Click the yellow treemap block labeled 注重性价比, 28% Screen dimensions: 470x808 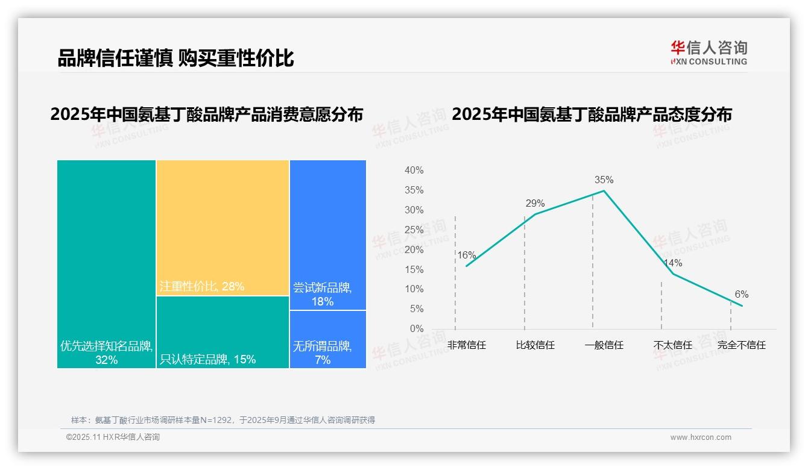223,228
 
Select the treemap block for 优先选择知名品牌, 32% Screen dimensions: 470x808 106,264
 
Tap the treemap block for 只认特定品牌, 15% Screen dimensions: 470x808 223,332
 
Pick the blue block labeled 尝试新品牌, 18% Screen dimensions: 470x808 328,234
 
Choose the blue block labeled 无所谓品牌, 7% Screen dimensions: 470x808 328,339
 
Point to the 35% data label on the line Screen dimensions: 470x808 604,180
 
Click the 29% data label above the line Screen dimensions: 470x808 535,203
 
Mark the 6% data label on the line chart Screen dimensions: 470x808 741,294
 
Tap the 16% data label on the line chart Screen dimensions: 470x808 466,255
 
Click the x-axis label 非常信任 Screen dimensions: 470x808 466,345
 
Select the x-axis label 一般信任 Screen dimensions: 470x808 604,345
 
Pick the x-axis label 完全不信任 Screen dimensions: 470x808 741,345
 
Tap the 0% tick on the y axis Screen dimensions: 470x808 416,328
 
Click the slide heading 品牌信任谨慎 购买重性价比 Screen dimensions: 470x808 175,58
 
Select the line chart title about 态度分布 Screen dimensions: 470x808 592,114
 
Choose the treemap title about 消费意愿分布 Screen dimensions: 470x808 207,114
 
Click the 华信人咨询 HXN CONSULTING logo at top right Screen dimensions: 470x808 709,52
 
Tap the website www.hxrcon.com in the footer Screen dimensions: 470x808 701,437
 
